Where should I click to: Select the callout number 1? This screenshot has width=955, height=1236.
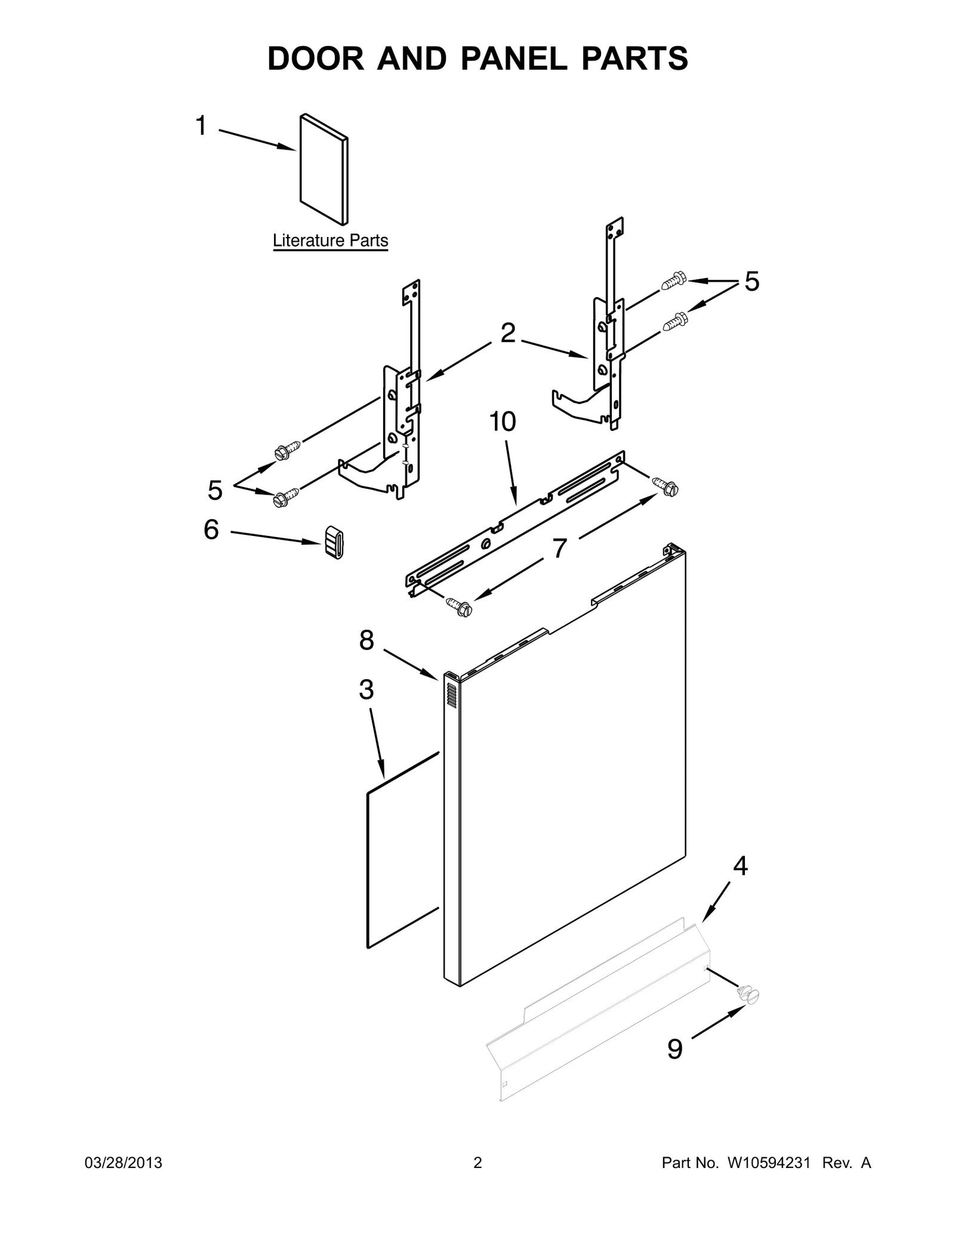[202, 127]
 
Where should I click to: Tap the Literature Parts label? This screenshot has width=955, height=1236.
[330, 241]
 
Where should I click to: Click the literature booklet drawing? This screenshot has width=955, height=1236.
[322, 169]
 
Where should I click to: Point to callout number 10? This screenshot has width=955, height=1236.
[503, 422]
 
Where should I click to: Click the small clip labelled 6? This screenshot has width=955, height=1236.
[334, 542]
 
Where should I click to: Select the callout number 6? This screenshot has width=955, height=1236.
[211, 530]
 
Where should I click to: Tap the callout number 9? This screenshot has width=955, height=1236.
[674, 1049]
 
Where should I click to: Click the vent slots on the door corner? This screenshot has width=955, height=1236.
[452, 696]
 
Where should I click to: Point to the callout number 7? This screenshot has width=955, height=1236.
[559, 549]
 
